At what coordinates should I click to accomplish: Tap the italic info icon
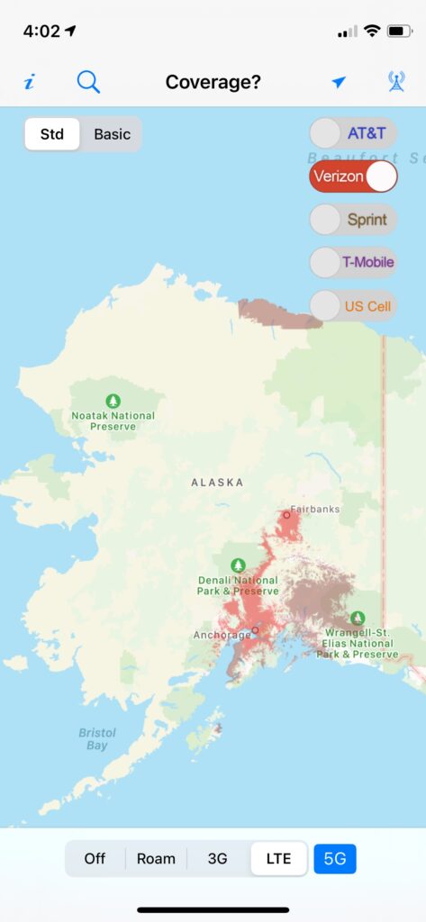[x=29, y=83]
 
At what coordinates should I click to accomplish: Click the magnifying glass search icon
[x=88, y=82]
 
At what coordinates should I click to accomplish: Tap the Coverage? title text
[x=213, y=83]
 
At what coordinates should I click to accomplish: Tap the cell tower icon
[x=396, y=82]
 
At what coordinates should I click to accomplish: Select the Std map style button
[x=52, y=134]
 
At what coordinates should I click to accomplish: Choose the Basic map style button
[x=112, y=134]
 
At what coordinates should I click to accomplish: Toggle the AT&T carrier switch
[x=352, y=133]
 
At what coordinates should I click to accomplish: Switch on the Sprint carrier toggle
[x=352, y=219]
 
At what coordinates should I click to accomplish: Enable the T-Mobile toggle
[x=352, y=262]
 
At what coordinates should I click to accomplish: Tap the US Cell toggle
[x=352, y=305]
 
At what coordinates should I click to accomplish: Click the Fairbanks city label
[x=314, y=509]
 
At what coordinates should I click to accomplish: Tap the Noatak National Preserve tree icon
[x=113, y=400]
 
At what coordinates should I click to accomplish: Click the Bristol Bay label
[x=96, y=738]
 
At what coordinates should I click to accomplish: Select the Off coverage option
[x=95, y=858]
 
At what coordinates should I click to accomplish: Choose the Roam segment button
[x=156, y=858]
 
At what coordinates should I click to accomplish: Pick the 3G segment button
[x=218, y=858]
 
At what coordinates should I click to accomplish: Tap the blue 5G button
[x=335, y=858]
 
